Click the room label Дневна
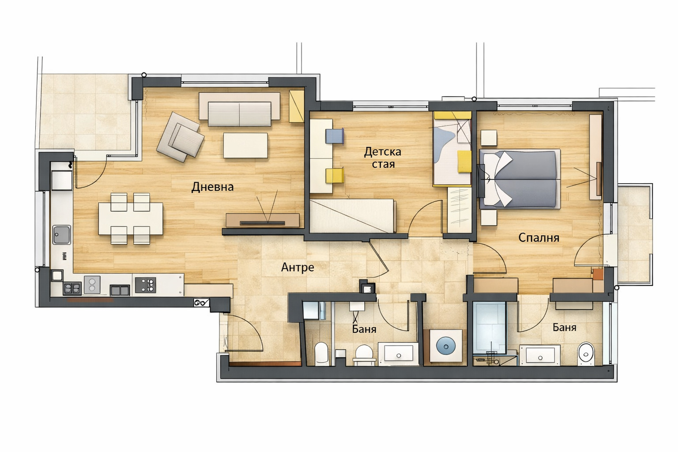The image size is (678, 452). point(212,187)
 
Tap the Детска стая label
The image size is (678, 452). point(383,158)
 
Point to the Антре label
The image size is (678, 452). point(298,267)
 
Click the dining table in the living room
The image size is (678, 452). point(131,218)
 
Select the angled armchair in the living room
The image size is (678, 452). point(181,137)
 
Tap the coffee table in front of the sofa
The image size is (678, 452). point(245,145)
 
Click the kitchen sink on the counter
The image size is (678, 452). point(62,234)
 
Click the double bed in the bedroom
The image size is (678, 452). point(520,179)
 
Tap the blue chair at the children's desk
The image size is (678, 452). point(335,136)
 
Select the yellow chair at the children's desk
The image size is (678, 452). point(335,176)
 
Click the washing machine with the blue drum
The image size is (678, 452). point(446,346)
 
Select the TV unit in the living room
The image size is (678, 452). point(263,220)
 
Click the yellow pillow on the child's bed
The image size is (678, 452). point(464,162)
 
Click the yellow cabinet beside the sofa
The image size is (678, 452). point(296,106)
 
